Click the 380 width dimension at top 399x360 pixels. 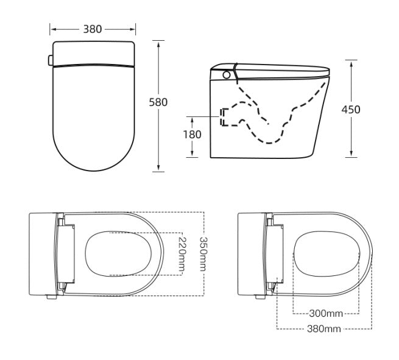(x=93, y=29)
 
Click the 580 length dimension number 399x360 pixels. (x=158, y=102)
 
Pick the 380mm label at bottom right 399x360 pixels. (x=323, y=329)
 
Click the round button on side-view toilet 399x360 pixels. (x=227, y=76)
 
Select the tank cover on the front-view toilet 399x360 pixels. (x=93, y=52)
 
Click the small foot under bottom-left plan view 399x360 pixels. (x=49, y=297)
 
